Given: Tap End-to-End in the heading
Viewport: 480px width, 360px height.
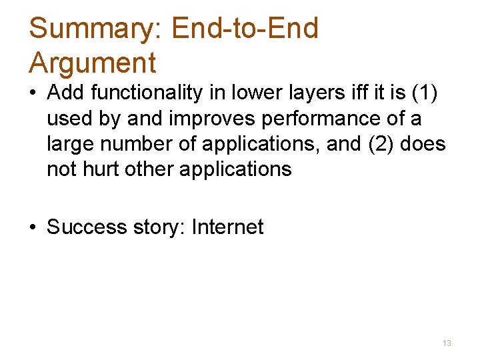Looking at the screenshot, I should tap(245, 29).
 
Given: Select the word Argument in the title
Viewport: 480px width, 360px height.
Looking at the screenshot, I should tap(93, 63).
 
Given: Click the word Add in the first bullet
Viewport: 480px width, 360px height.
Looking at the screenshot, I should tap(65, 93).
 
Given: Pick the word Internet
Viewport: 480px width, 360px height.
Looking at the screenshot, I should tap(227, 227).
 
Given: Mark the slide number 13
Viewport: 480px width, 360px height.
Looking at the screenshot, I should tap(447, 343).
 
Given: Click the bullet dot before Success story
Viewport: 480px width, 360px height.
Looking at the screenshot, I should tap(33, 228).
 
